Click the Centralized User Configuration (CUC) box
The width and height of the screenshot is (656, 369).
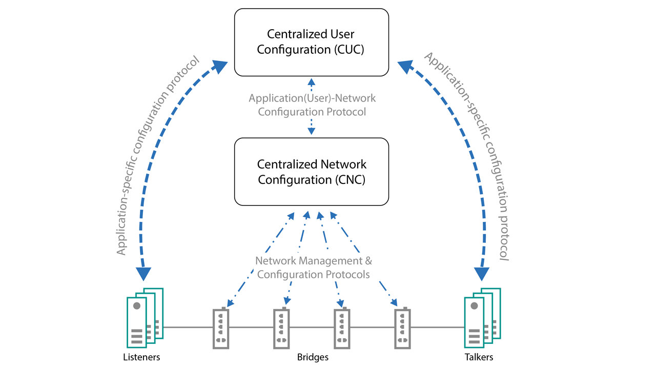click(312, 43)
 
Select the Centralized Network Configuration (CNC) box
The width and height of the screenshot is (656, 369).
click(312, 172)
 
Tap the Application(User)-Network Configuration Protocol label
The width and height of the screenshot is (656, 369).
click(312, 105)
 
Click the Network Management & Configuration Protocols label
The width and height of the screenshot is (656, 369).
click(313, 268)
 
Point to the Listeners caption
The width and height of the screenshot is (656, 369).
click(141, 357)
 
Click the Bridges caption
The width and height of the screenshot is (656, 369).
click(313, 357)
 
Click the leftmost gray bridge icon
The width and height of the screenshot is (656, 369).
click(221, 328)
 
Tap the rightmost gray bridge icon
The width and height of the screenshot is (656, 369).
click(403, 328)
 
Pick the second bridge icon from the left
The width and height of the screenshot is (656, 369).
click(281, 328)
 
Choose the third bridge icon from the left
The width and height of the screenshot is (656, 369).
click(342, 328)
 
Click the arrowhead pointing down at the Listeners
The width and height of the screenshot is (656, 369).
click(144, 274)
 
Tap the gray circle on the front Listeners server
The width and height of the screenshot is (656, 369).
click(137, 306)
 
